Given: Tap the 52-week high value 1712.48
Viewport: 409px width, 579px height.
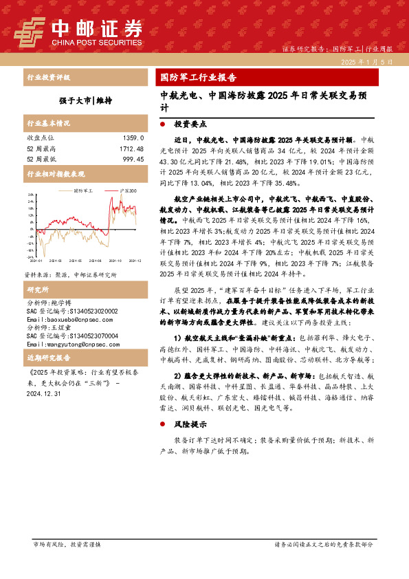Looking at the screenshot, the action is [129, 149].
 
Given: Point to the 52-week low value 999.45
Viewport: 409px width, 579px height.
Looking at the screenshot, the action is [131, 159].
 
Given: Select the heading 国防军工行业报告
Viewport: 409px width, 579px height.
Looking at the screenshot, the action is [197, 77].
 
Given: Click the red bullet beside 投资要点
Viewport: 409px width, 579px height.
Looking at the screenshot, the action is [162, 126].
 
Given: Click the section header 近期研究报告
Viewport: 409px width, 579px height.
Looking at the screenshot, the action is [50, 359].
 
